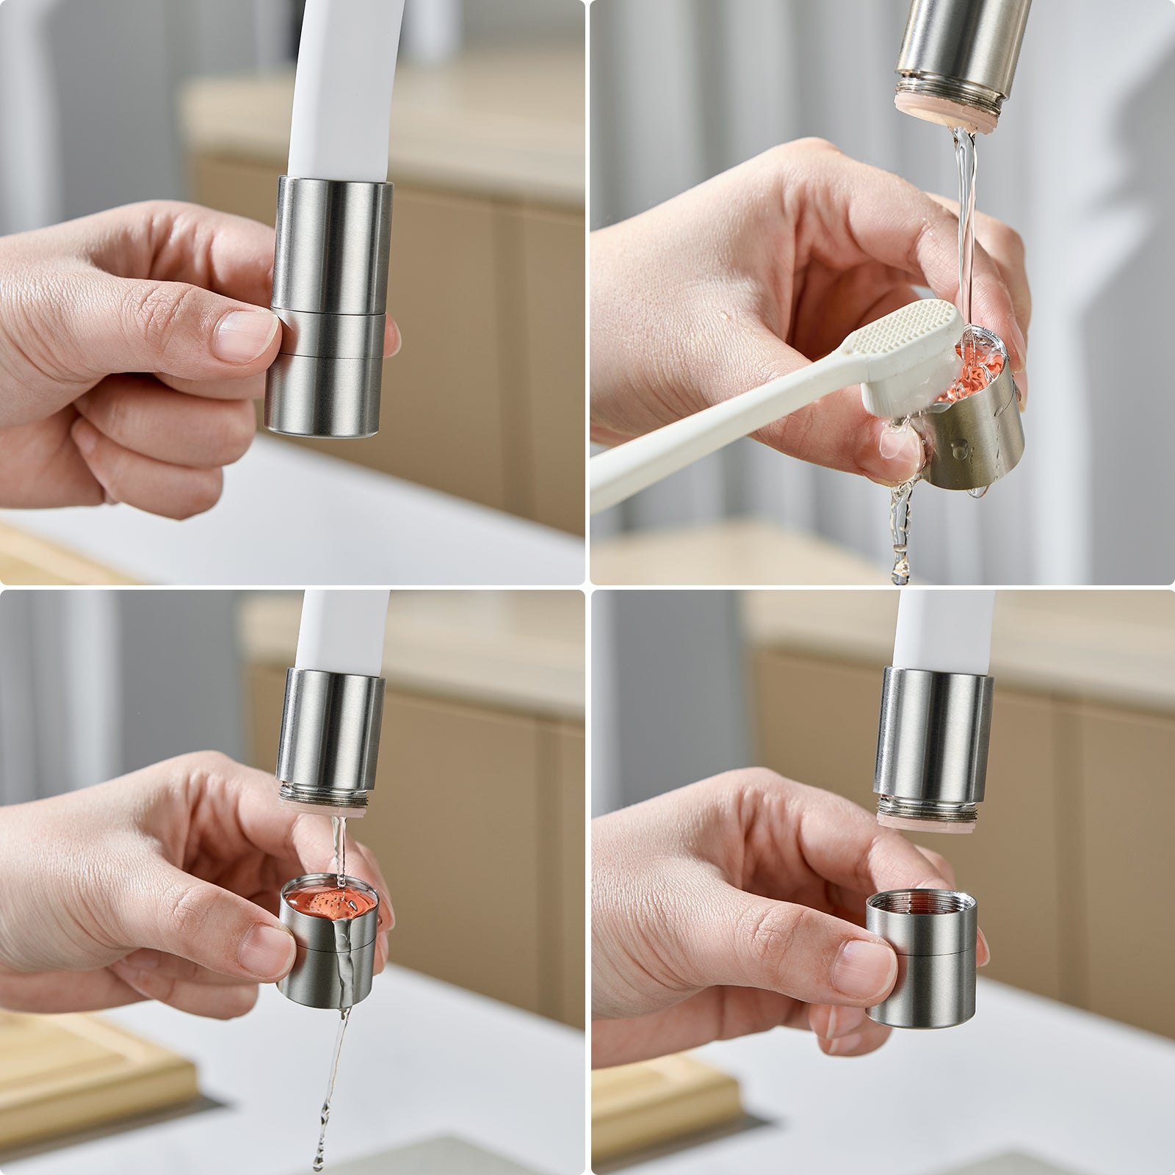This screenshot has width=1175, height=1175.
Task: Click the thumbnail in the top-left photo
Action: pos(246,336)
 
